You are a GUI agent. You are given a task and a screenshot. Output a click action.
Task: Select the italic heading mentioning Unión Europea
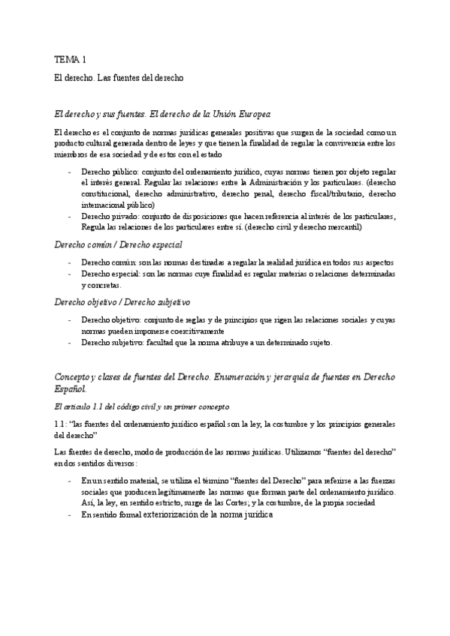[x=162, y=113]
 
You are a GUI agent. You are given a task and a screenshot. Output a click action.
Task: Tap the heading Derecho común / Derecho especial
[x=118, y=244]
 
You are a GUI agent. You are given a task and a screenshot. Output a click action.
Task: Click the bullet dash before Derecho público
[x=69, y=172]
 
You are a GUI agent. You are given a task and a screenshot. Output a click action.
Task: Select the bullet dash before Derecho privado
[x=69, y=216]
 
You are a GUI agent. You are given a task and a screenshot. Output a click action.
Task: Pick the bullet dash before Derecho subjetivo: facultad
[x=69, y=343]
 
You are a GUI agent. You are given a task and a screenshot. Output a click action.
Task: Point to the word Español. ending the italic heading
[x=71, y=389]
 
